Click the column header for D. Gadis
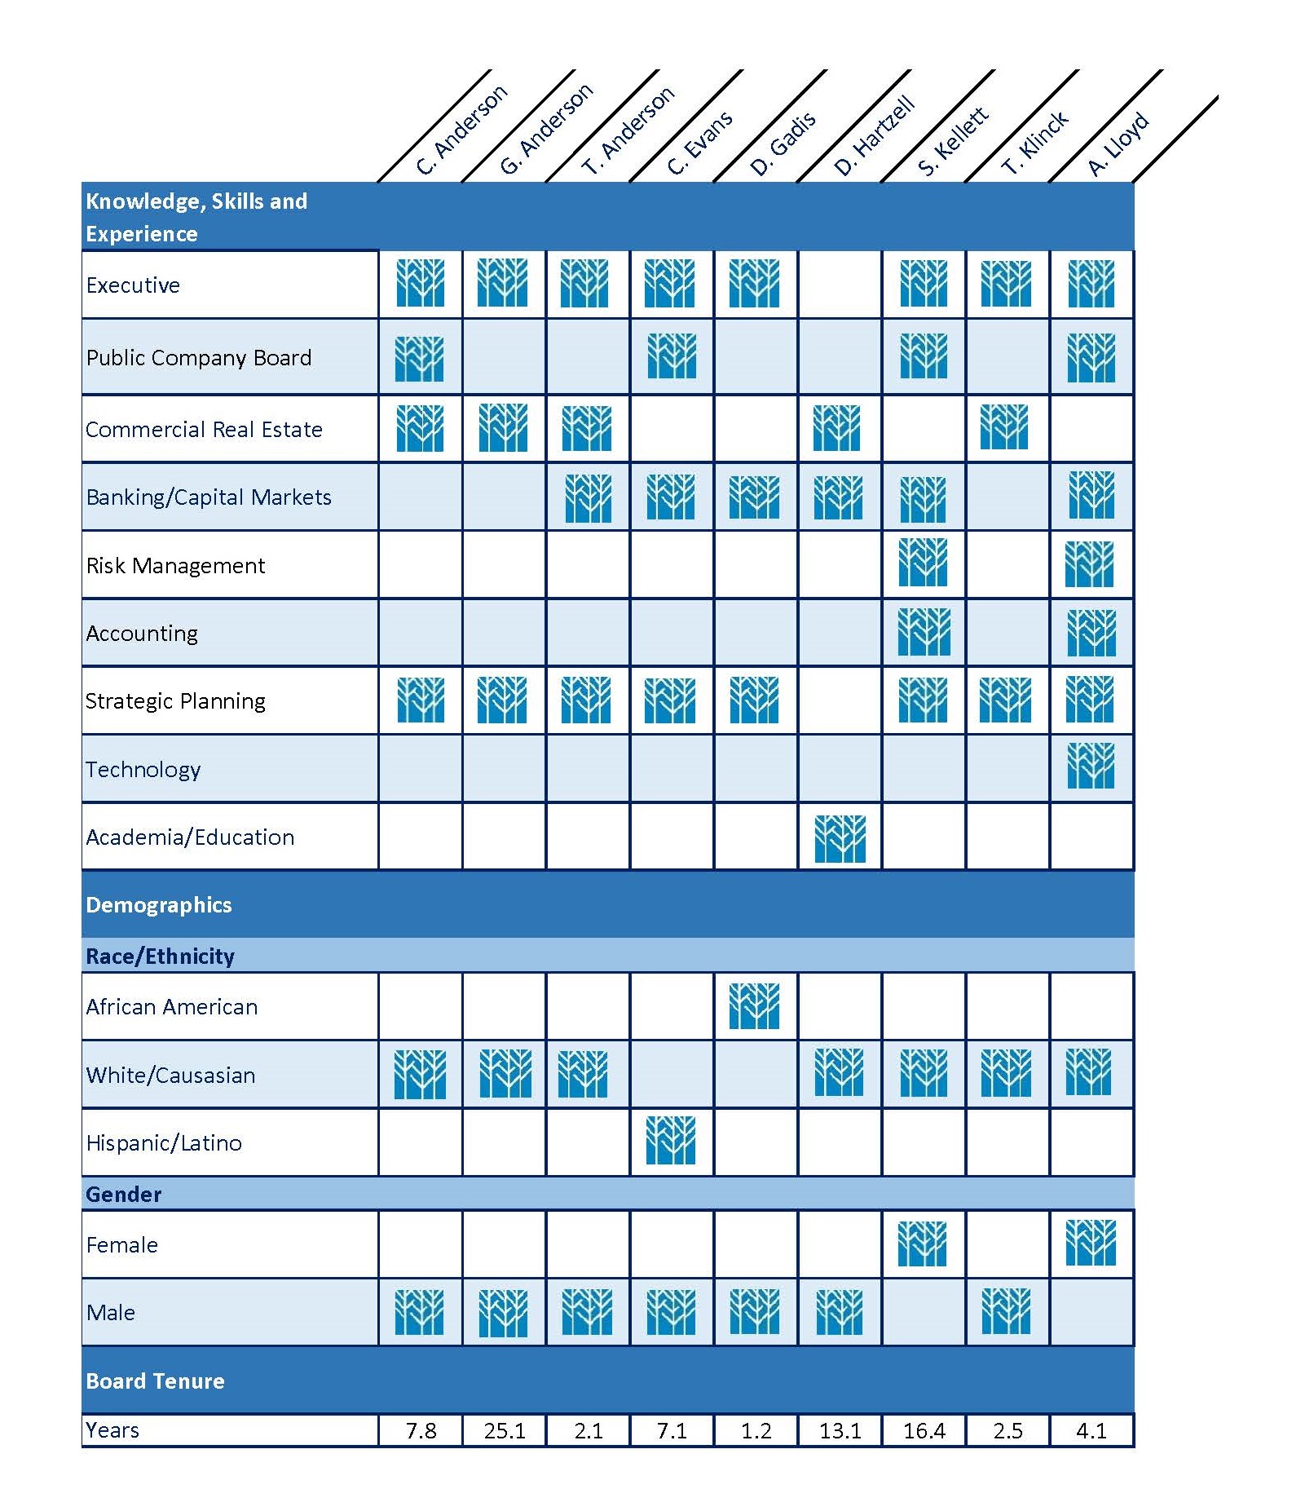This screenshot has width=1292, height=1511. point(783,144)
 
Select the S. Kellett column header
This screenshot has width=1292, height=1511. point(952,141)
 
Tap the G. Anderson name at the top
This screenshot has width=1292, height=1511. point(545,130)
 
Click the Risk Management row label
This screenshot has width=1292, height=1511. point(175,565)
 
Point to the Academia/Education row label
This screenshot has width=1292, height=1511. point(190,837)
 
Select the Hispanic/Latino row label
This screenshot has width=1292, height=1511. point(164,1142)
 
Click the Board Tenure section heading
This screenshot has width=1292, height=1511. point(155,1381)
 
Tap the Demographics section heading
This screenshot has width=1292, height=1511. point(159,904)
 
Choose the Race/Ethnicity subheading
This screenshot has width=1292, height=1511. point(160,956)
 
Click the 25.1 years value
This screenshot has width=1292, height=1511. point(505,1431)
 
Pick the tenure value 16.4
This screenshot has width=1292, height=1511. point(924,1431)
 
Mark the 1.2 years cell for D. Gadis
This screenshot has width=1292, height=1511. point(756,1431)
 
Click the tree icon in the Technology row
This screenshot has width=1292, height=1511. point(1091,766)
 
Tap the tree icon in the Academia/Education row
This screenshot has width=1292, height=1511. point(840,838)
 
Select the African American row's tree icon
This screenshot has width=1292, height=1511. point(754,1005)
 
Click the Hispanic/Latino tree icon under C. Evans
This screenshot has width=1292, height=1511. point(671,1140)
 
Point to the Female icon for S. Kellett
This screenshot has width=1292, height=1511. point(922,1243)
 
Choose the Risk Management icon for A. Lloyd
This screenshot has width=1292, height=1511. point(1089,564)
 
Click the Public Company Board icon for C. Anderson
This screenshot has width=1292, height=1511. point(420,358)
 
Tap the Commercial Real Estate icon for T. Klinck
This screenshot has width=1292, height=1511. point(1004,426)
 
